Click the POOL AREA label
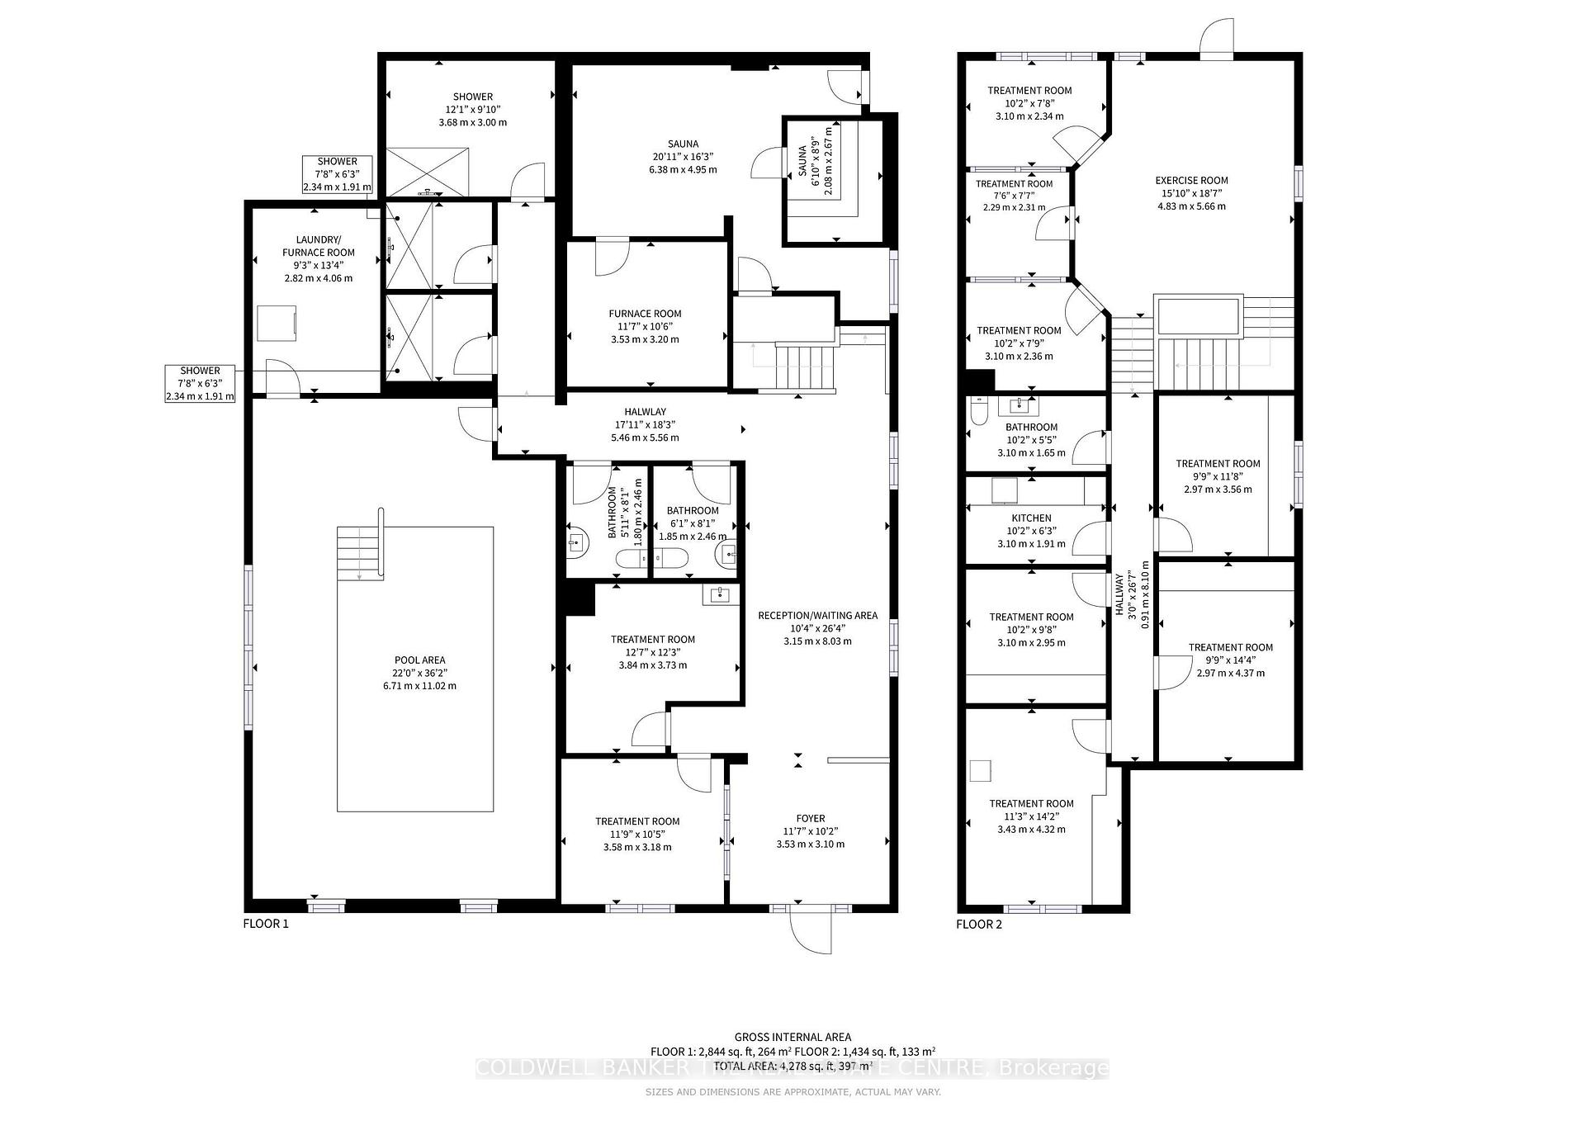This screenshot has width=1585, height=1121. [x=419, y=660]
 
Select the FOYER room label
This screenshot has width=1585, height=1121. [x=810, y=819]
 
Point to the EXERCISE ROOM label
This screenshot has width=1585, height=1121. [x=1191, y=180]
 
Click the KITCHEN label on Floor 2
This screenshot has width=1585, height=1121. [x=1031, y=518]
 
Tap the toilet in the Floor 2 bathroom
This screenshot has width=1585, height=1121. [x=979, y=411]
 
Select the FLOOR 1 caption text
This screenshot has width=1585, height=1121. [x=266, y=924]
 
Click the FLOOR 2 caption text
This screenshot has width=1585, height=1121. [x=979, y=924]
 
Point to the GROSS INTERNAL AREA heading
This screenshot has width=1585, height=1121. [x=792, y=1037]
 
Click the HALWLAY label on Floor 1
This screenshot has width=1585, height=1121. [x=645, y=412]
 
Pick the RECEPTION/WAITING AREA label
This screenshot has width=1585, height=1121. [x=817, y=615]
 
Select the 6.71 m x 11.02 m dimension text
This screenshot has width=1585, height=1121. [x=419, y=686]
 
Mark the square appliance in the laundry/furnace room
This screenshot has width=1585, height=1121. [x=277, y=323]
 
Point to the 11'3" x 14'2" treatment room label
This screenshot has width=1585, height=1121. [x=1031, y=803]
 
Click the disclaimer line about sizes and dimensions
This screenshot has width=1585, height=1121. [x=792, y=1092]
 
